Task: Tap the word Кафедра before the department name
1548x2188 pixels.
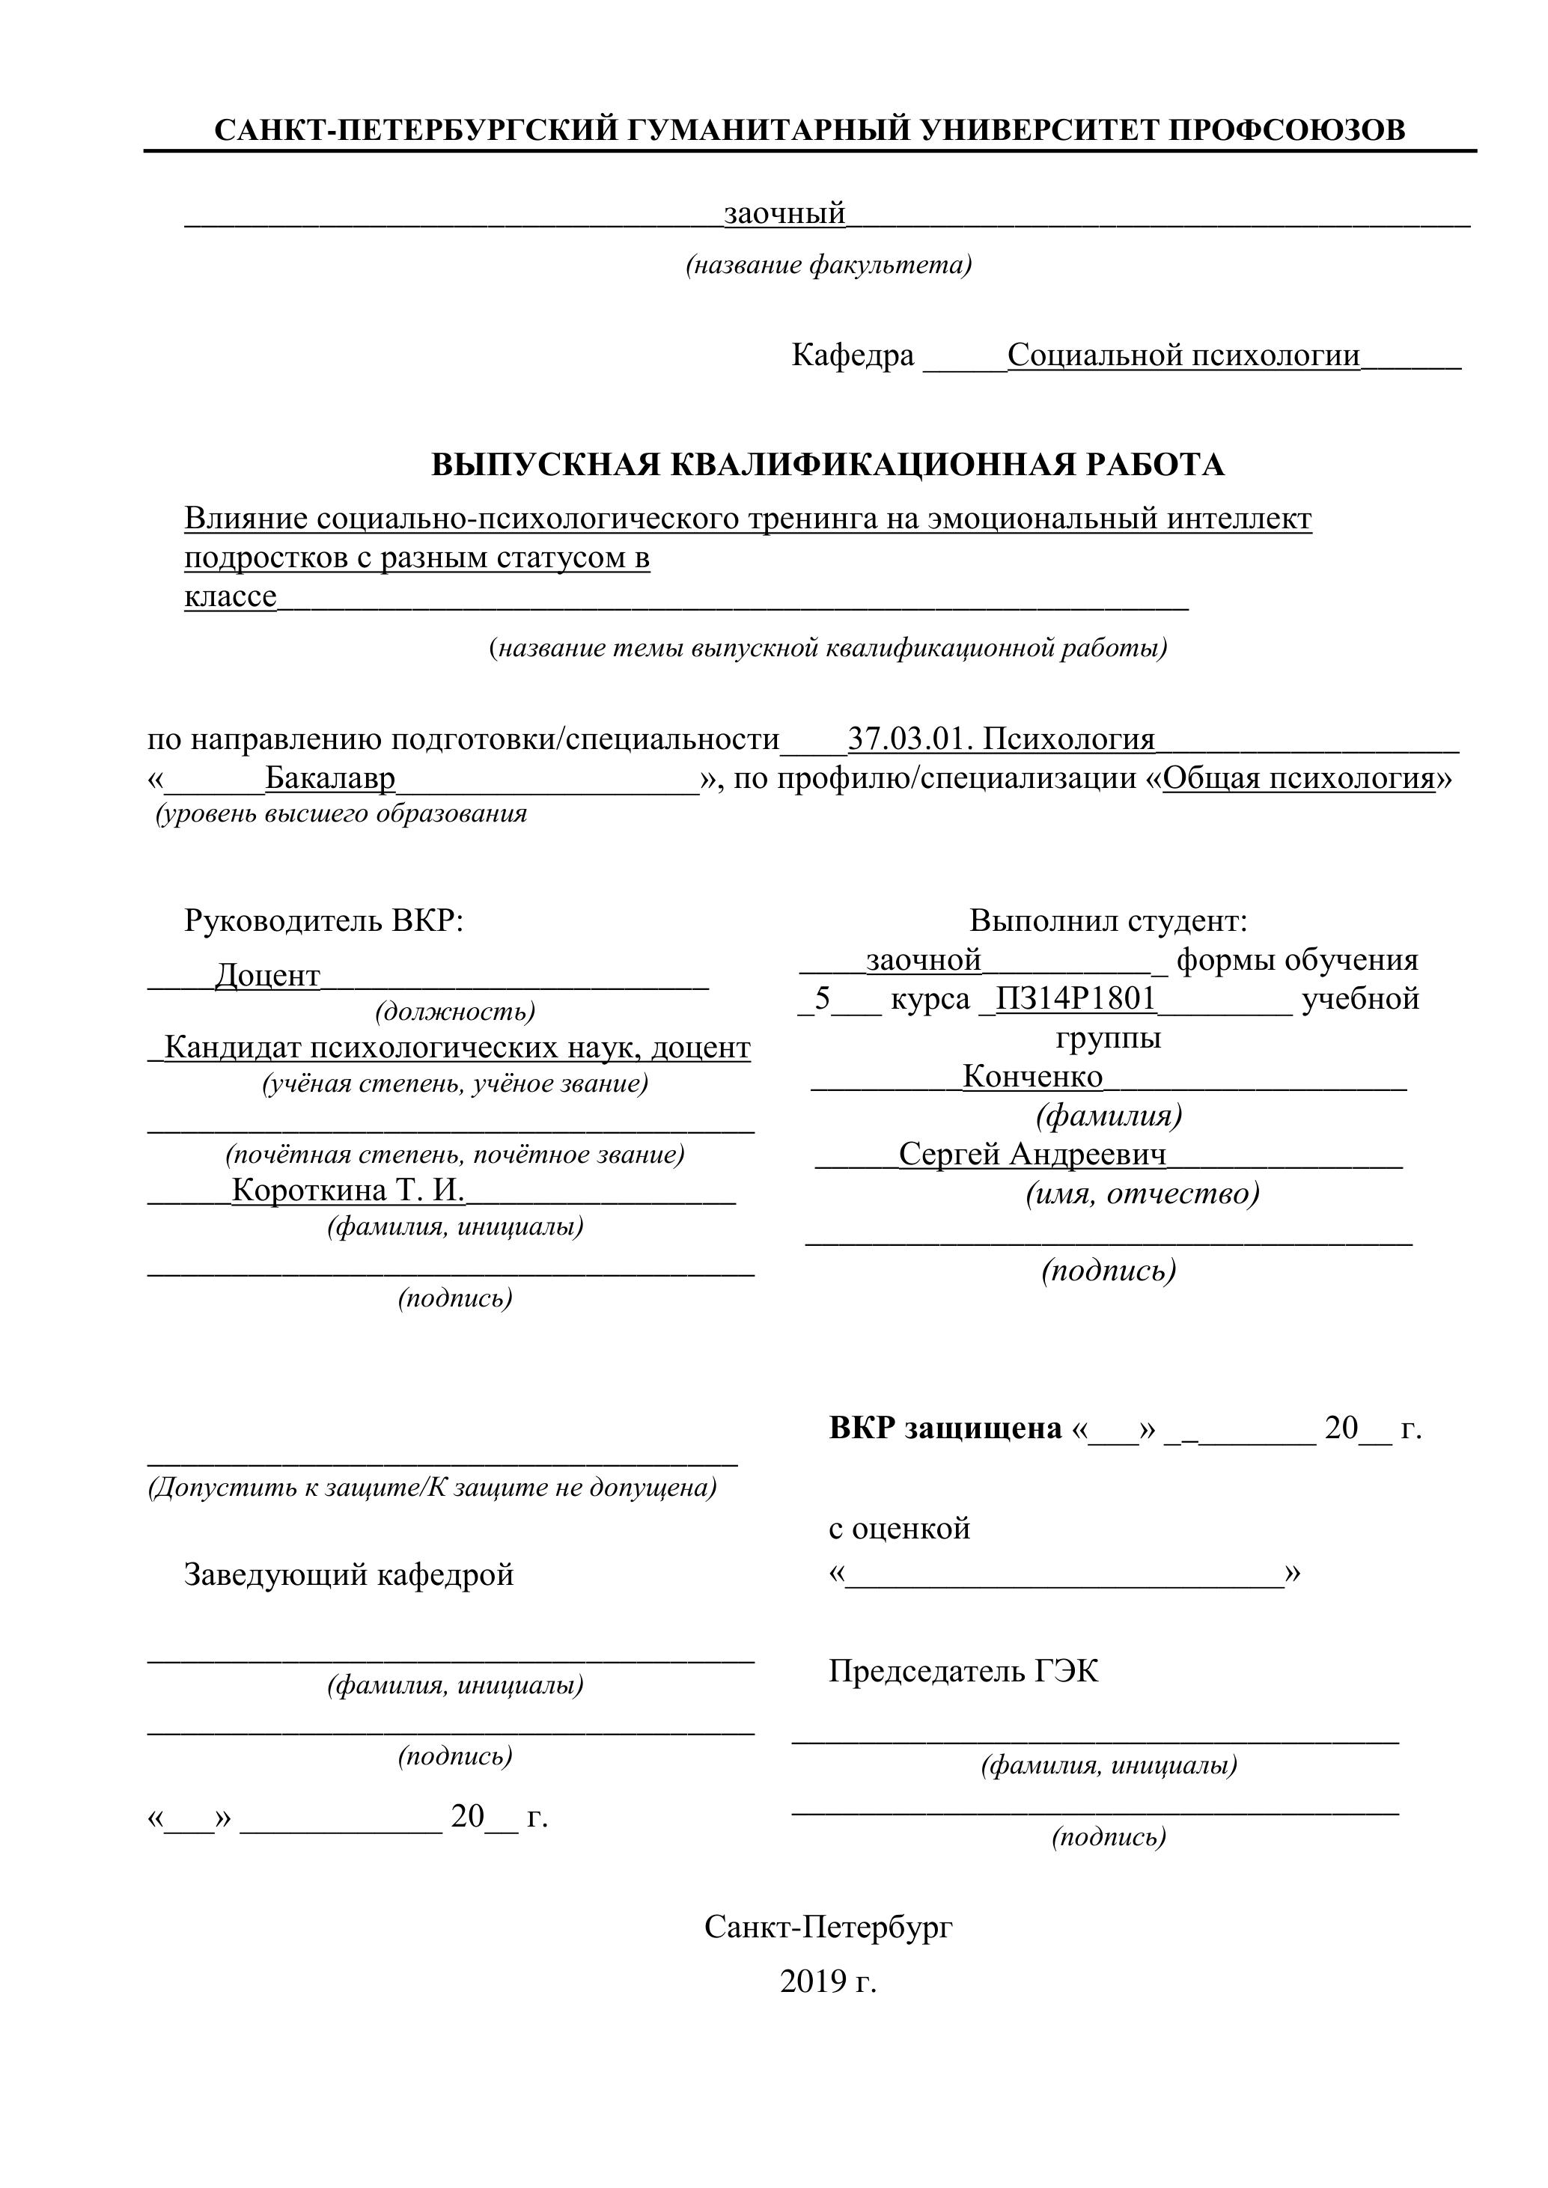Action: click(x=852, y=355)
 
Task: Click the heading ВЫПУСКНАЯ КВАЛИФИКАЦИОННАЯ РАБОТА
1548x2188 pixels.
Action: click(x=827, y=464)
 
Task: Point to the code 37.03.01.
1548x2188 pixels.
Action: click(x=909, y=739)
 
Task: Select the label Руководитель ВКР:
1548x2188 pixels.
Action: click(x=323, y=920)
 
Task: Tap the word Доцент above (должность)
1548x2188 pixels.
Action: click(x=268, y=975)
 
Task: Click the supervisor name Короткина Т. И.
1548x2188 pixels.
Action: click(x=348, y=1191)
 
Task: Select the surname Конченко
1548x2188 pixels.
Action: click(x=1032, y=1076)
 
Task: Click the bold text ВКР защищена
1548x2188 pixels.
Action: click(x=945, y=1428)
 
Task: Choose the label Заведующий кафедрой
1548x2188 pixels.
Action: click(x=349, y=1574)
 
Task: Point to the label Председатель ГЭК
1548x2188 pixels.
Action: click(x=963, y=1670)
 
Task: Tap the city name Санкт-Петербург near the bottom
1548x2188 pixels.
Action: click(x=829, y=1927)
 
